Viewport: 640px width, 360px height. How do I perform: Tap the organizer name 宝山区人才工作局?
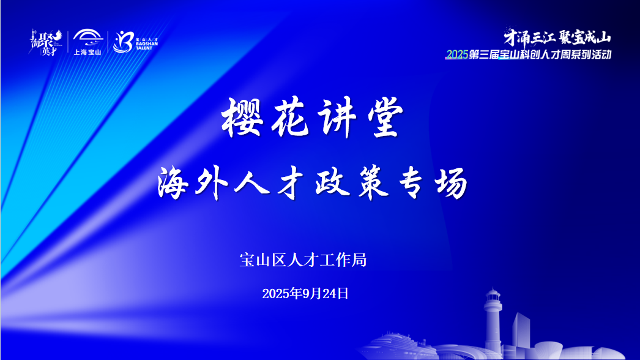(x=303, y=260)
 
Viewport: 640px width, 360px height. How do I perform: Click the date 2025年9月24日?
(x=305, y=293)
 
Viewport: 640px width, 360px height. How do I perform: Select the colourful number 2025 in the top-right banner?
(x=456, y=55)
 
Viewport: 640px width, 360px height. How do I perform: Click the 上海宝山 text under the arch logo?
(x=87, y=52)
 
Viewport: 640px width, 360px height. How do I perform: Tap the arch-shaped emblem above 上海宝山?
(x=87, y=37)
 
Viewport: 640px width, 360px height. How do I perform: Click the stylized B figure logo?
(x=122, y=42)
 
